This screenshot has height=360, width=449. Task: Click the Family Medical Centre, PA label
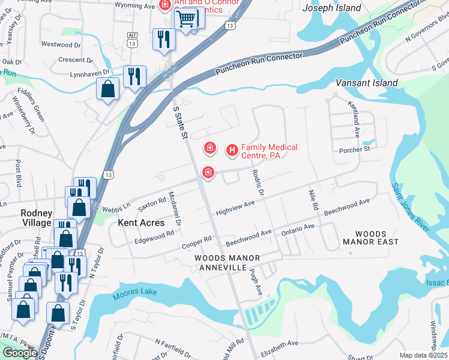coord(269,151)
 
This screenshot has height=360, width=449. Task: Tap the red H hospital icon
coord(232,150)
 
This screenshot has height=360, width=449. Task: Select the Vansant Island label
coord(366,83)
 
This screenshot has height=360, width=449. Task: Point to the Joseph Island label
coord(332,8)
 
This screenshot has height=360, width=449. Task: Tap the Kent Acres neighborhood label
coord(141,223)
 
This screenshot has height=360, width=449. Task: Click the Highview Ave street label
coord(236,208)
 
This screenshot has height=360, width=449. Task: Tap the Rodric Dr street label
coord(258,182)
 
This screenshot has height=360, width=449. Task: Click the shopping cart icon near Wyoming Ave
coord(185,19)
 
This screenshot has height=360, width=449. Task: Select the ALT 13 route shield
coord(132,40)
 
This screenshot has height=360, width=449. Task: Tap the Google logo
coord(19,353)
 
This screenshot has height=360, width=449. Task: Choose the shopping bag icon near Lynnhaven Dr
coord(107,89)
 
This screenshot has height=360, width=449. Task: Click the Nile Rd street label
coord(313,199)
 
